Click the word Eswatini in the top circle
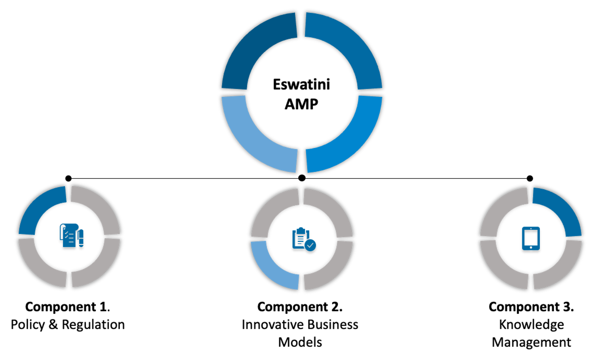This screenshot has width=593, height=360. pyautogui.click(x=301, y=85)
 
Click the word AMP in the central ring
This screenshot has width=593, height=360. pyautogui.click(x=301, y=104)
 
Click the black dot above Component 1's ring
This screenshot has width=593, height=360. pyautogui.click(x=68, y=178)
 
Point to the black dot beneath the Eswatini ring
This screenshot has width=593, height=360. pyautogui.click(x=302, y=178)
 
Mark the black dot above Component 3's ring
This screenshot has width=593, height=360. pyautogui.click(x=530, y=178)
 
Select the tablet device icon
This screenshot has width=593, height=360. pyautogui.click(x=531, y=238)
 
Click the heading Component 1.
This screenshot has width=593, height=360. pyautogui.click(x=67, y=307)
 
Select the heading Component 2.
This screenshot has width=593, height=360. pyautogui.click(x=300, y=307)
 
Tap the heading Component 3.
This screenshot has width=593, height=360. pyautogui.click(x=531, y=307)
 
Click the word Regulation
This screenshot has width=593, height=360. pyautogui.click(x=93, y=325)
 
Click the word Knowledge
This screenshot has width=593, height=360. pyautogui.click(x=531, y=325)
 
